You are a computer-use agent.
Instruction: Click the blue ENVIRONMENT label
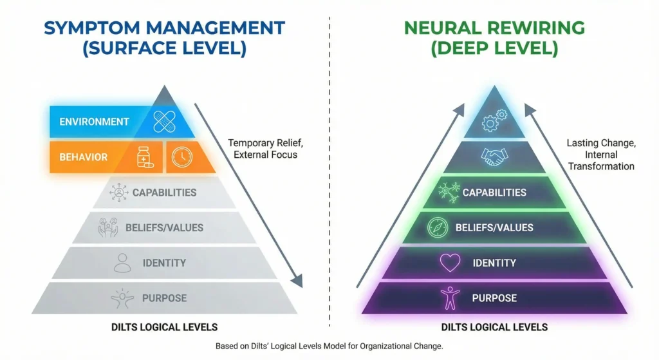94,122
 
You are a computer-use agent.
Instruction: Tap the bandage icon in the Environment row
165,121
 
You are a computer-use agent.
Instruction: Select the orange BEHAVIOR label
83,157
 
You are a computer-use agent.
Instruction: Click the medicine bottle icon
145,157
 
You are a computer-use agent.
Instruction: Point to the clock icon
181,157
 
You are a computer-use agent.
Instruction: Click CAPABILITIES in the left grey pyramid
164,193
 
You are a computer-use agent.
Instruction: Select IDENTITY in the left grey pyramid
164,263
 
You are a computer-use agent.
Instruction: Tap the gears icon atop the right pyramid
495,120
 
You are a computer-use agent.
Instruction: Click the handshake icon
494,156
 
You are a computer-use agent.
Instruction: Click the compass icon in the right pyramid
438,227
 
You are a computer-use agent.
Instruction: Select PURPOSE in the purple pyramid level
494,298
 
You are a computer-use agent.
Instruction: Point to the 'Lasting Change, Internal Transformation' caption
600,155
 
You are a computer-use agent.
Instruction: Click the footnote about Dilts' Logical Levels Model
329,346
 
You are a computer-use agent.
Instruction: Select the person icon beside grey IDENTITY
122,263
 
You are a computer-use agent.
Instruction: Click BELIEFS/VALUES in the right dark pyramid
494,227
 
